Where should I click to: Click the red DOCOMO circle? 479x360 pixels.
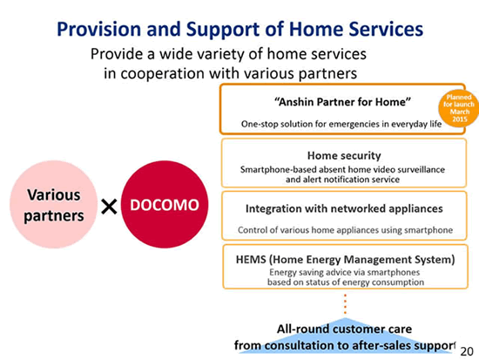(x=165, y=204)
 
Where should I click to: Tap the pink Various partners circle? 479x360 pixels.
(x=54, y=204)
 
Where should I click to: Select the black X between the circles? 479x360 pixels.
(x=109, y=207)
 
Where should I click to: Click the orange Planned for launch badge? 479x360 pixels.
(x=458, y=108)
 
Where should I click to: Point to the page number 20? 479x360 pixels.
(x=467, y=351)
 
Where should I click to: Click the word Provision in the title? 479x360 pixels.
(x=99, y=29)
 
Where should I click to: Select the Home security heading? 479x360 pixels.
(x=344, y=156)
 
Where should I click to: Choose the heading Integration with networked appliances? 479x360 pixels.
(x=344, y=208)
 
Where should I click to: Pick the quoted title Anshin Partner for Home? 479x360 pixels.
(x=342, y=102)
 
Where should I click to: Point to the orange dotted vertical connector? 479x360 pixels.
(x=345, y=303)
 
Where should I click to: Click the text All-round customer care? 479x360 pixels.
(x=344, y=329)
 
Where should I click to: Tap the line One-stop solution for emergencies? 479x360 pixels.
(x=341, y=124)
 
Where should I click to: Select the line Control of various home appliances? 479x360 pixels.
(x=345, y=230)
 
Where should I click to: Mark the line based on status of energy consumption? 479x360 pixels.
(x=346, y=282)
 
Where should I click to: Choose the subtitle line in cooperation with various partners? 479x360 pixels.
(x=230, y=73)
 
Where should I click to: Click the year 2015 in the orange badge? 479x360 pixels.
(x=460, y=119)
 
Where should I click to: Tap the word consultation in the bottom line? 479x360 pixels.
(x=299, y=345)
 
